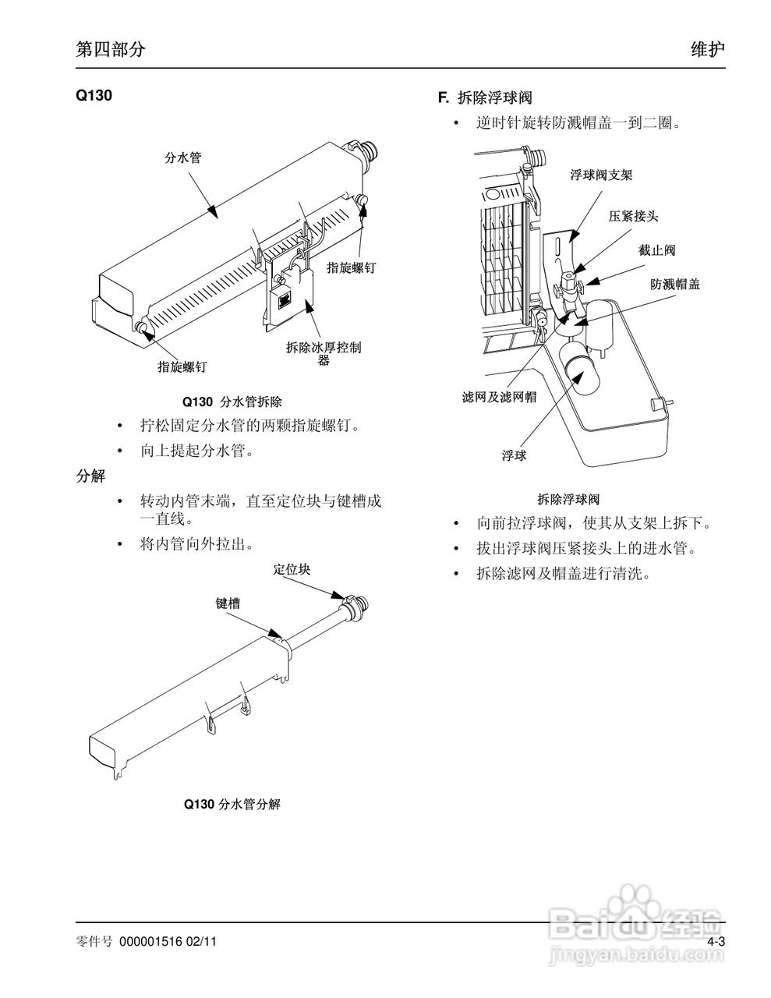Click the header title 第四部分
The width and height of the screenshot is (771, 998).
pyautogui.click(x=110, y=49)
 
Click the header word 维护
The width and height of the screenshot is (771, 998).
pyautogui.click(x=708, y=49)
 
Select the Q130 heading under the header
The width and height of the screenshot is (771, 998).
pyautogui.click(x=94, y=97)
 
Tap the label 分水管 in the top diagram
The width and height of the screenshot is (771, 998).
pyautogui.click(x=184, y=157)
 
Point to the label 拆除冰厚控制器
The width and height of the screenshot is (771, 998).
pyautogui.click(x=324, y=354)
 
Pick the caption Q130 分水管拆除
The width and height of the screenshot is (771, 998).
pyautogui.click(x=232, y=402)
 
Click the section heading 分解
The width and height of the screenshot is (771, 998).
pyautogui.click(x=90, y=476)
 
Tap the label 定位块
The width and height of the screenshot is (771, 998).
pyautogui.click(x=292, y=569)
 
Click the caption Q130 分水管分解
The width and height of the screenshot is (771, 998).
pyautogui.click(x=232, y=804)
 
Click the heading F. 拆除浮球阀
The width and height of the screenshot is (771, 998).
pyautogui.click(x=485, y=97)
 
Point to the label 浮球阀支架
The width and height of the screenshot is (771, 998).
pyautogui.click(x=601, y=175)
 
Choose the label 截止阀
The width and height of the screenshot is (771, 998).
pyautogui.click(x=656, y=250)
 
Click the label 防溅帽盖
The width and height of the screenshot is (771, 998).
pyautogui.click(x=675, y=284)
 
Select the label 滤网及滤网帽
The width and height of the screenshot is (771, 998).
pyautogui.click(x=499, y=398)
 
